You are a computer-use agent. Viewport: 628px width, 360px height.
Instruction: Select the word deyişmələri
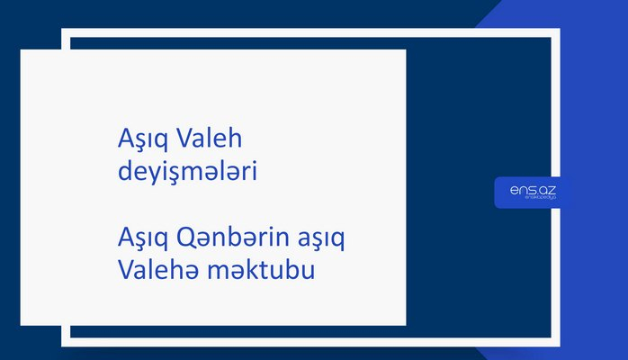click(188, 170)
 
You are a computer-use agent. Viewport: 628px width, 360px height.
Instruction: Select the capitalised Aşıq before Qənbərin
click(144, 239)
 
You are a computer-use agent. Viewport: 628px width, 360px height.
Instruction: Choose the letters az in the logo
click(546, 190)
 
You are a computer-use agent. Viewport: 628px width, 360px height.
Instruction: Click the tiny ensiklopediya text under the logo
click(533, 200)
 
